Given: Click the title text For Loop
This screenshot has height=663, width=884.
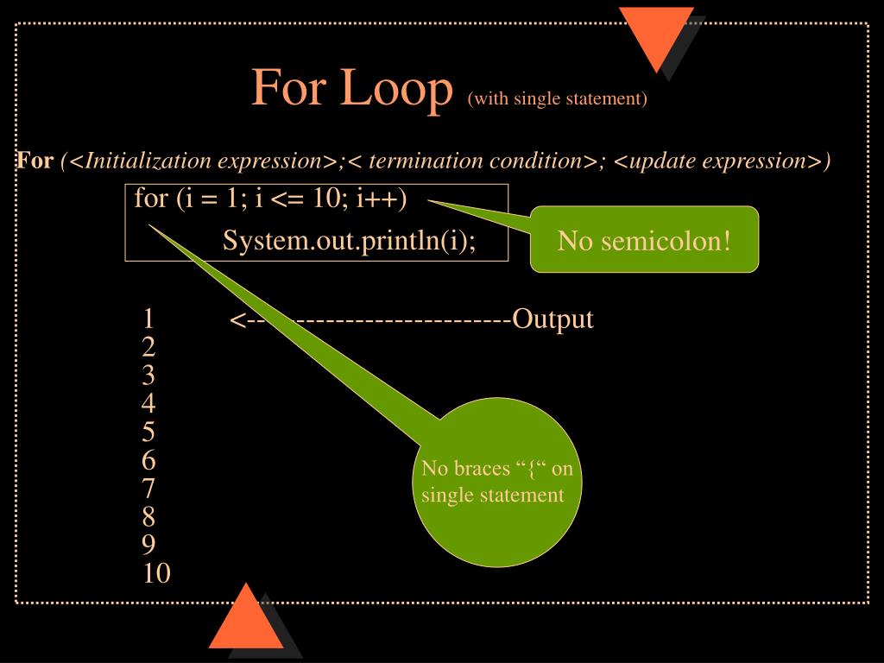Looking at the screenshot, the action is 352,88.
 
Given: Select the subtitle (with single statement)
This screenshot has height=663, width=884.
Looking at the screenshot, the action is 558,98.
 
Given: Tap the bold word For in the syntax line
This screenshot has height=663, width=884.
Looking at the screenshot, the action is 35,161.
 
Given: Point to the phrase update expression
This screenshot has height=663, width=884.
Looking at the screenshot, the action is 718,161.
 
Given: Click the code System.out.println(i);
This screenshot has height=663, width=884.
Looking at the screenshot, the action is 349,240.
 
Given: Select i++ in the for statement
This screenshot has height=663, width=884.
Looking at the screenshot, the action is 376,199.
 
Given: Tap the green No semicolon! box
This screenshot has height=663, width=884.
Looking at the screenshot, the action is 644,240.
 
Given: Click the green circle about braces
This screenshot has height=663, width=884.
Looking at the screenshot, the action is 494,482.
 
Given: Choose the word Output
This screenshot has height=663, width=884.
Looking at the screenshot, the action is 552,319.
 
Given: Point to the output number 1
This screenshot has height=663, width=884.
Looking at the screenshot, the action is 148,319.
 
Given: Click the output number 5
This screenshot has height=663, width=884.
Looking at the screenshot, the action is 148,433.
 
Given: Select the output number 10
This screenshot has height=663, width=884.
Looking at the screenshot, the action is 156,573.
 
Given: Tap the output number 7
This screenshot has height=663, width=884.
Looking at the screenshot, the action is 148,489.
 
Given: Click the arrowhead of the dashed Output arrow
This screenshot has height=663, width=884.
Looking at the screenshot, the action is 235,320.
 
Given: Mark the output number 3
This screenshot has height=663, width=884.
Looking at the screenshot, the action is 148,376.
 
